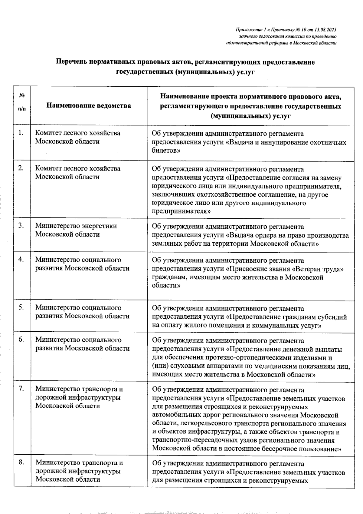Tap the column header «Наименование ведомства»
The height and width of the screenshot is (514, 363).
[89, 106]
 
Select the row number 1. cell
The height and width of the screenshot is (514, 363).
[21, 132]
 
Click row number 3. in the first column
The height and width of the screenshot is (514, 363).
[21, 225]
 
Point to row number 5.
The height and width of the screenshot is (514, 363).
[21, 307]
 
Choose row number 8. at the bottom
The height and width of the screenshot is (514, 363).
[21, 462]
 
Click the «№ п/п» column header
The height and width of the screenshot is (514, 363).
[22, 102]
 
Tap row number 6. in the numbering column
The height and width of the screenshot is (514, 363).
[21, 339]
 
